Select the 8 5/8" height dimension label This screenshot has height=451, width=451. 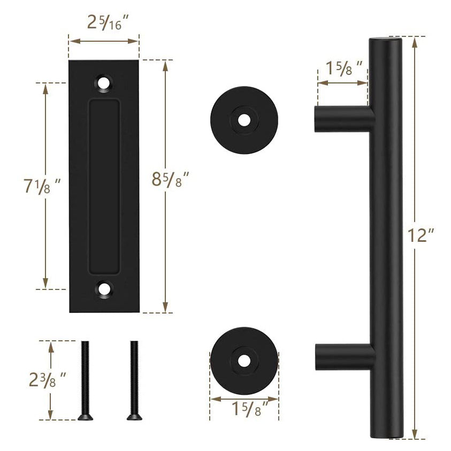tap(171, 179)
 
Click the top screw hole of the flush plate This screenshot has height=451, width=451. tap(104, 83)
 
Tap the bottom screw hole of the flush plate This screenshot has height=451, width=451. tap(104, 289)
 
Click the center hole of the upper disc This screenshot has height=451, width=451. tap(244, 120)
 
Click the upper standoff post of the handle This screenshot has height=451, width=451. tap(340, 118)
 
